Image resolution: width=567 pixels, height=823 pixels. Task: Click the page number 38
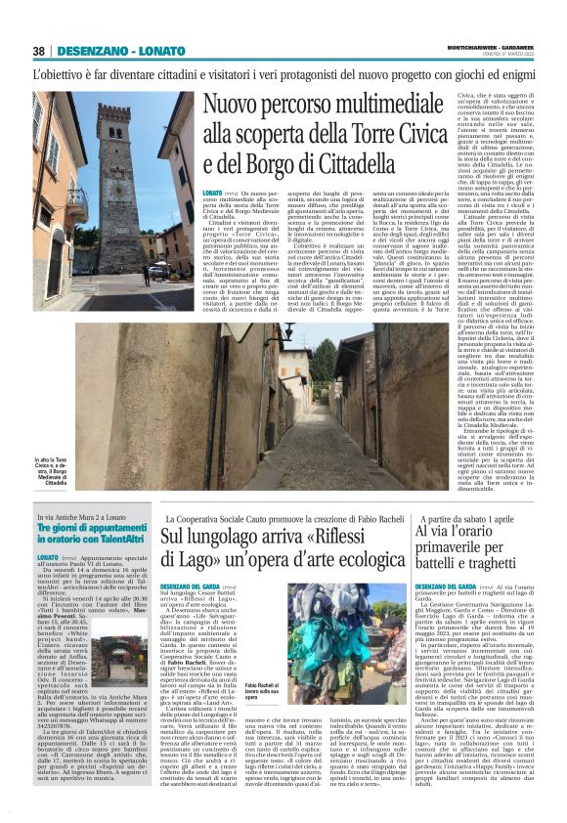click(x=39, y=51)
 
